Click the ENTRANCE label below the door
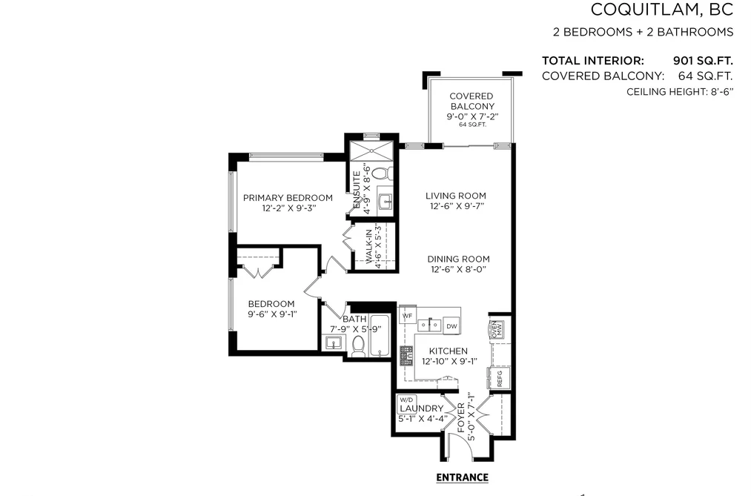(462, 477)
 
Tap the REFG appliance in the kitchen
(499, 378)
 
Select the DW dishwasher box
(451, 326)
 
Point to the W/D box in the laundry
(406, 400)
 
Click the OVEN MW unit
(496, 330)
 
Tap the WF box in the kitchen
(407, 316)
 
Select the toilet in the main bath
(358, 346)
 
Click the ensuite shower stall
(371, 151)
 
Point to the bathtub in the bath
(380, 336)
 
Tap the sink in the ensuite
(386, 202)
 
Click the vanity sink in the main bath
(334, 343)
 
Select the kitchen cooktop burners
(406, 356)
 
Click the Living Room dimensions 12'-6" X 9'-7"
(455, 206)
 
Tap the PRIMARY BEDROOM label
(288, 198)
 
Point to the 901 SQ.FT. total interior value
(703, 61)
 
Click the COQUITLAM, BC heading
(662, 10)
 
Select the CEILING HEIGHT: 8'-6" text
(680, 92)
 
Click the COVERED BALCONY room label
(472, 101)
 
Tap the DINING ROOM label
(458, 259)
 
